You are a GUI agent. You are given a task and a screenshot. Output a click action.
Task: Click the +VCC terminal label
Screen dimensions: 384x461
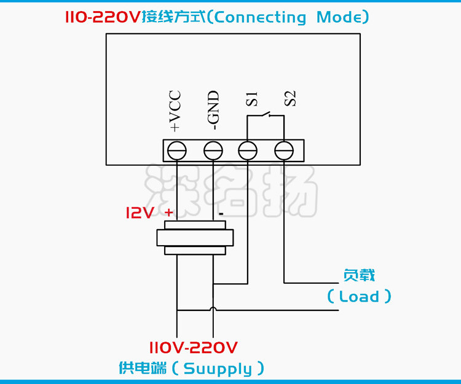click(175, 111)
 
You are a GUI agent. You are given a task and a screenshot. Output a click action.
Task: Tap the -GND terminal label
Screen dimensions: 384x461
click(213, 111)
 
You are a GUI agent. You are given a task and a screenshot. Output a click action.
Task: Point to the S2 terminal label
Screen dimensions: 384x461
click(290, 98)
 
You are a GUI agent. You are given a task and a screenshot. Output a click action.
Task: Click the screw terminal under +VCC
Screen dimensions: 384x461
click(177, 150)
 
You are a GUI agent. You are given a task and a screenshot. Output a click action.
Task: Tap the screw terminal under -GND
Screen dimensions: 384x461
click(213, 150)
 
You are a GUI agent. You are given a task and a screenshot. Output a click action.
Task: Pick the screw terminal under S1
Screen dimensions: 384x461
click(248, 150)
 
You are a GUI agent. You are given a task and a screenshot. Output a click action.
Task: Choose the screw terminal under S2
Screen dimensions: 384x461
click(284, 150)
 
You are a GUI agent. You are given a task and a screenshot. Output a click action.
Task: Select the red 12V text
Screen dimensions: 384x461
click(141, 213)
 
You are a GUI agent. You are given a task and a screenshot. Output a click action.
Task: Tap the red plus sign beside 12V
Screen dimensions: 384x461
click(169, 212)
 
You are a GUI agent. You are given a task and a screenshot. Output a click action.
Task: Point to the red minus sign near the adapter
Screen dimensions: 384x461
click(220, 214)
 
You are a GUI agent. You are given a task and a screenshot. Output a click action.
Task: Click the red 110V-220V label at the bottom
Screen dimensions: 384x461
click(193, 348)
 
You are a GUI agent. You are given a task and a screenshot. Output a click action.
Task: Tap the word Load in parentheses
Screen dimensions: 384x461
click(359, 297)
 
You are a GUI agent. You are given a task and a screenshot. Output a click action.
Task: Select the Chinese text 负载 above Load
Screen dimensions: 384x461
click(359, 276)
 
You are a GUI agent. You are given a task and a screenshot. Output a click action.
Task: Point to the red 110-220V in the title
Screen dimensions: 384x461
click(103, 17)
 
